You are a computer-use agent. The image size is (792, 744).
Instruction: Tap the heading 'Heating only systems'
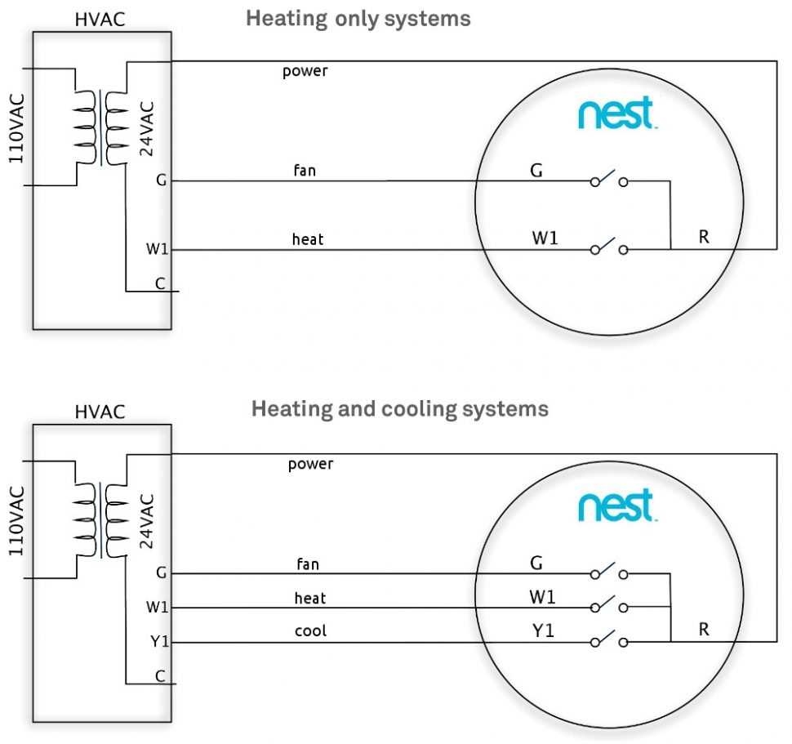358,18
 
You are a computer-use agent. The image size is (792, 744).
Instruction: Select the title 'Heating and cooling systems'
399,408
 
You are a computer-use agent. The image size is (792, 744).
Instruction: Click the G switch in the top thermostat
609,180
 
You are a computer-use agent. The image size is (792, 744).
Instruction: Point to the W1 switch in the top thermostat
609,248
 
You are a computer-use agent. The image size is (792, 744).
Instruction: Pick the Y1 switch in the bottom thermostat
609,642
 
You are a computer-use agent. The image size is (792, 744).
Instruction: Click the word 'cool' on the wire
310,631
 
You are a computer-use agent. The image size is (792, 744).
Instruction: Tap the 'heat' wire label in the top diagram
308,239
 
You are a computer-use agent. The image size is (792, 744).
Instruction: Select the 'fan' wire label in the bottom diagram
308,564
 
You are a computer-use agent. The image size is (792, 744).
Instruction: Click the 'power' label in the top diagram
305,71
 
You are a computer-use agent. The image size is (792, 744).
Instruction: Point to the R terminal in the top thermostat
704,238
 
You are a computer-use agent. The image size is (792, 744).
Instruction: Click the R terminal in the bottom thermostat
704,630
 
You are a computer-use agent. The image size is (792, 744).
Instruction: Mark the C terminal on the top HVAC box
160,284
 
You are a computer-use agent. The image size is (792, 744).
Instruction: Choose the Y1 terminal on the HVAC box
159,642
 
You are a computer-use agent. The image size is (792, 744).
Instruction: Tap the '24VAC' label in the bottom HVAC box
146,520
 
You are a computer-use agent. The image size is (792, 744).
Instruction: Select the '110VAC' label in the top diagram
16,127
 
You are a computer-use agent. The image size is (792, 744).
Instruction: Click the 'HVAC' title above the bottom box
100,412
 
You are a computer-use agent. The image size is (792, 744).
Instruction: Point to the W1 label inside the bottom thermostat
543,597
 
